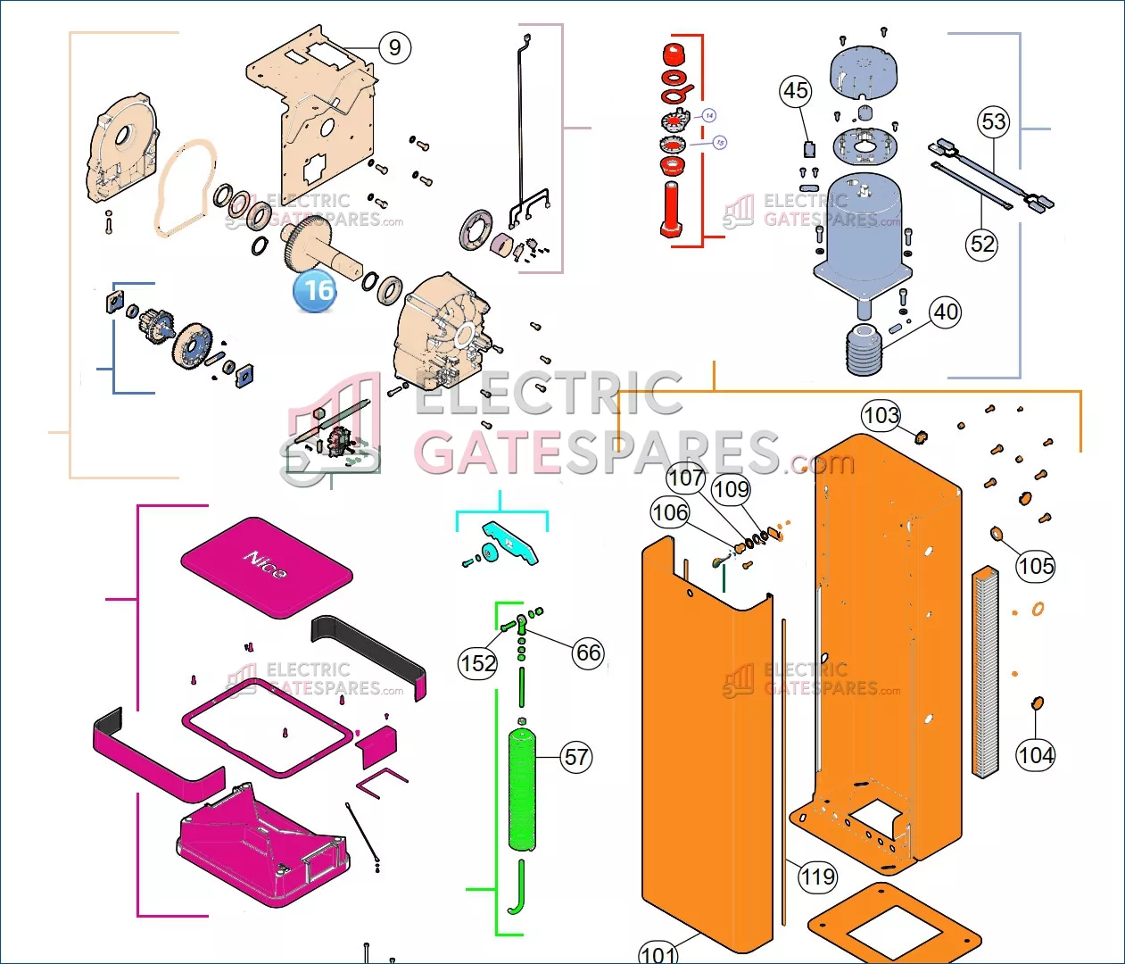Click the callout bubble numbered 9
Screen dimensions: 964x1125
pyautogui.click(x=395, y=47)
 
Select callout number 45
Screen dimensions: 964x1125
pyautogui.click(x=796, y=91)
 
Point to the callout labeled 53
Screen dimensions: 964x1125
pyautogui.click(x=994, y=121)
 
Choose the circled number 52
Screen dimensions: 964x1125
pyautogui.click(x=982, y=244)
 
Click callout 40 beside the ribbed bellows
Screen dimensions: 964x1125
pyautogui.click(x=946, y=312)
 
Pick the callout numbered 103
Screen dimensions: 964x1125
pyautogui.click(x=881, y=415)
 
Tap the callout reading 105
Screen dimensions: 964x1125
pyautogui.click(x=1035, y=566)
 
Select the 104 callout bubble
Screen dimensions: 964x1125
pyautogui.click(x=1035, y=755)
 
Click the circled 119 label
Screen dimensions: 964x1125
pyautogui.click(x=817, y=877)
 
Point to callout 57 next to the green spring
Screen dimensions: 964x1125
pyautogui.click(x=576, y=758)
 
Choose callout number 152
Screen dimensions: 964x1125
pyautogui.click(x=478, y=663)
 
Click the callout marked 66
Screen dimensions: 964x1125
pyautogui.click(x=588, y=652)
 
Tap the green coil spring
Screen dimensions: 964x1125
pyautogui.click(x=523, y=790)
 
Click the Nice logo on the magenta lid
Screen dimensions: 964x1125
pyautogui.click(x=266, y=564)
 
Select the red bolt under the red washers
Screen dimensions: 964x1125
pyautogui.click(x=672, y=209)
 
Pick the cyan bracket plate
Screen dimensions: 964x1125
pyautogui.click(x=511, y=543)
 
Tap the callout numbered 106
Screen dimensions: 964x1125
pyautogui.click(x=670, y=512)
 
